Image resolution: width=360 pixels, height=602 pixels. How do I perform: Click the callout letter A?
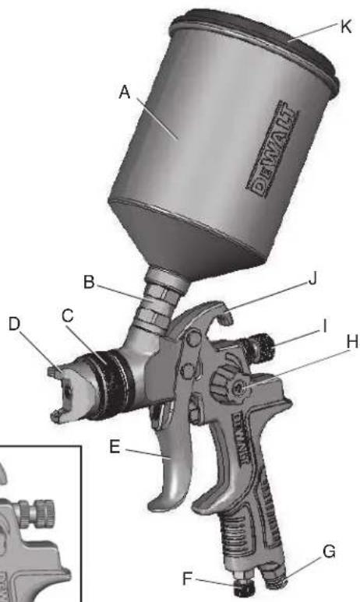(123, 93)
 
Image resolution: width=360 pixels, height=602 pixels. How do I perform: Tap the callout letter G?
(330, 551)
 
